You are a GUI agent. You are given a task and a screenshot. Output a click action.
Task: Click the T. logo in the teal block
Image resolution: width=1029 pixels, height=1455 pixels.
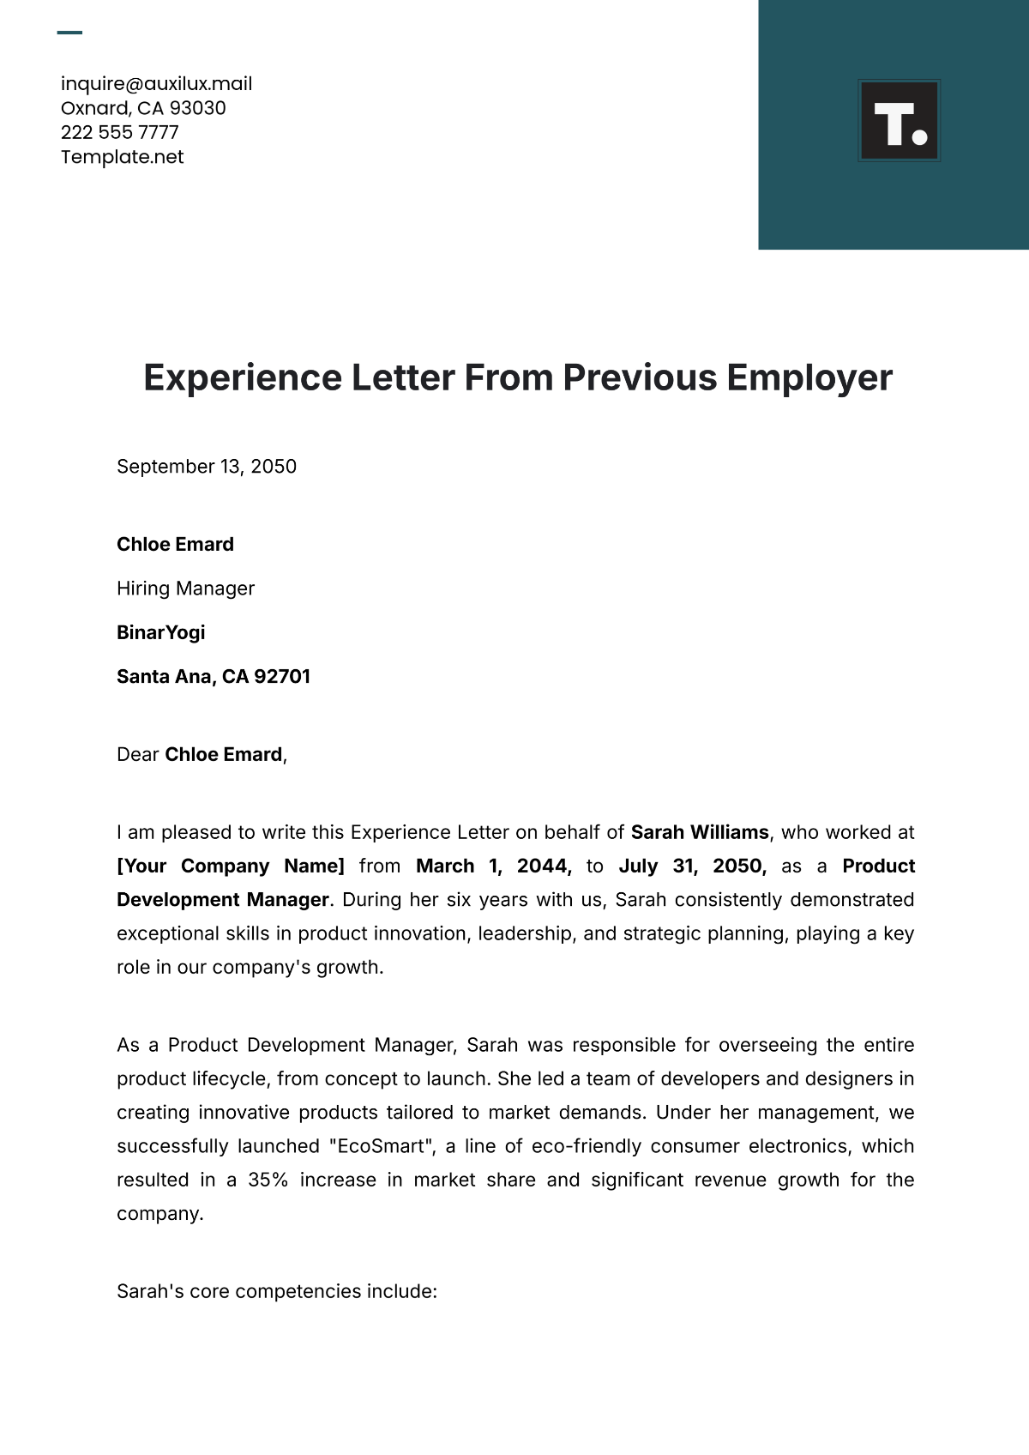899,121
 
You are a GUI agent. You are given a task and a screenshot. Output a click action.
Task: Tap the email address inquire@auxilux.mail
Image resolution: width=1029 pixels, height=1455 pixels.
156,84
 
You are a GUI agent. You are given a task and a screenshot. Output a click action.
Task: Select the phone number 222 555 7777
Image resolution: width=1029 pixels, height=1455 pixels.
119,132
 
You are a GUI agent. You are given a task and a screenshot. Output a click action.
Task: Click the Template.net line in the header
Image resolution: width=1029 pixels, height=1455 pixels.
122,157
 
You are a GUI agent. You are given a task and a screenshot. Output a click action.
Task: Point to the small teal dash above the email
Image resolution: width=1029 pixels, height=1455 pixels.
69,33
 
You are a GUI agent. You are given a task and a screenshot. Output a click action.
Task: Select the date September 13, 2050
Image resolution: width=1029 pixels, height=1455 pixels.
207,467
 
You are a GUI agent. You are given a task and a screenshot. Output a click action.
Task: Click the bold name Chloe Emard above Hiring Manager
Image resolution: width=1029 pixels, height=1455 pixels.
175,545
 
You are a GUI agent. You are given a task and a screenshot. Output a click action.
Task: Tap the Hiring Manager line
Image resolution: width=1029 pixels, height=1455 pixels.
185,589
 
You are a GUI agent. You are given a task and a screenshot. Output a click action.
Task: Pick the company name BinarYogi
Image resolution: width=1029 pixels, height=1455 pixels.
160,632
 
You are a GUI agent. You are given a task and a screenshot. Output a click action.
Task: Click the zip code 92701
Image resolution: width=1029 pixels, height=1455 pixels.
282,677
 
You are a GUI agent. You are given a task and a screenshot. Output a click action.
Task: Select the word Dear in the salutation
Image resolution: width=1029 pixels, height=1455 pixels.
137,755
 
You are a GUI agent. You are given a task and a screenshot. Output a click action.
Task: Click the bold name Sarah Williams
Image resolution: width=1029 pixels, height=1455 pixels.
699,833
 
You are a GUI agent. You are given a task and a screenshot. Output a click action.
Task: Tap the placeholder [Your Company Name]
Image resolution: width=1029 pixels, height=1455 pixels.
230,866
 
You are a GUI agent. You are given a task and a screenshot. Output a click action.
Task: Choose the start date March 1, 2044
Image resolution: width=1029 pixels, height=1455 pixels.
493,866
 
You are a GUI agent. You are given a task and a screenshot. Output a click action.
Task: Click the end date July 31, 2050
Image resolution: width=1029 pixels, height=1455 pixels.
691,866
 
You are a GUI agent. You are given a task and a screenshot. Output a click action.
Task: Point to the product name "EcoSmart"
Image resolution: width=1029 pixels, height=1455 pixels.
381,1147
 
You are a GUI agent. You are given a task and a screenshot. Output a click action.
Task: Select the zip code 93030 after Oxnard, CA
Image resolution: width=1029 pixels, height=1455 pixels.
197,108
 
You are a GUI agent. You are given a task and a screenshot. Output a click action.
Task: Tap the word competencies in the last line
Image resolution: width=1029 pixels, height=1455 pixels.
298,1292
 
